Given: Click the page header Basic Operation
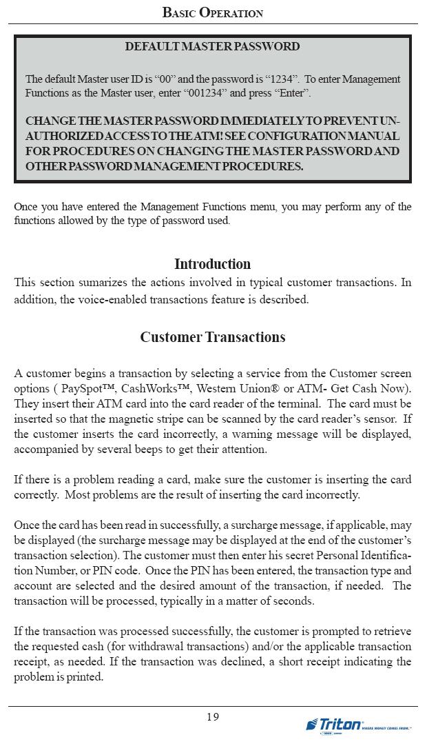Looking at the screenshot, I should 213,12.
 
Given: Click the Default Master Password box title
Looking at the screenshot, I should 212,47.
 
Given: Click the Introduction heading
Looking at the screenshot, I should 212,264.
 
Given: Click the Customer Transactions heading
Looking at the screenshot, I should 212,337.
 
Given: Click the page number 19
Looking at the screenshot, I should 213,717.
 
